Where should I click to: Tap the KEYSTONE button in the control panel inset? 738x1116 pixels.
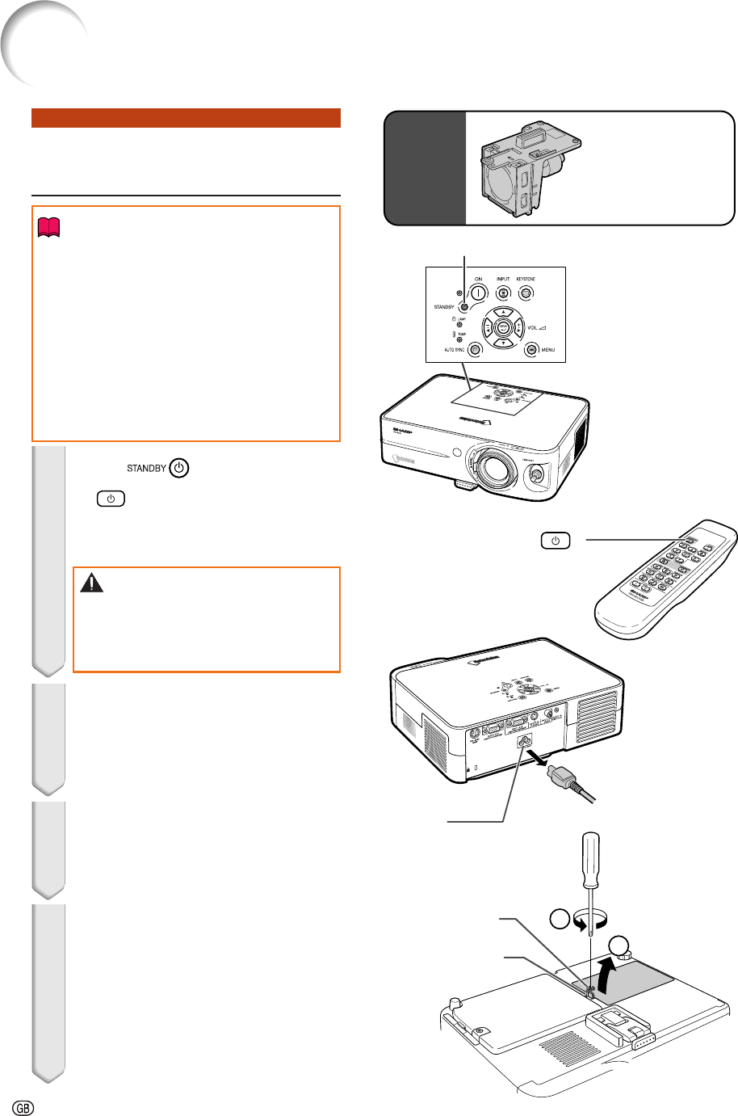click(526, 293)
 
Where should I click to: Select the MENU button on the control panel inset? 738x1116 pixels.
click(531, 350)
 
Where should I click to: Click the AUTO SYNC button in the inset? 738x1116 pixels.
click(475, 350)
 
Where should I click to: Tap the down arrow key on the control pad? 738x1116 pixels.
click(503, 342)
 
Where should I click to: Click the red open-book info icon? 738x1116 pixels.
click(48, 230)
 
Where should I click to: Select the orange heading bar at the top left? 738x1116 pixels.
click(186, 118)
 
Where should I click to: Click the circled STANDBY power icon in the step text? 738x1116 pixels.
click(180, 468)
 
